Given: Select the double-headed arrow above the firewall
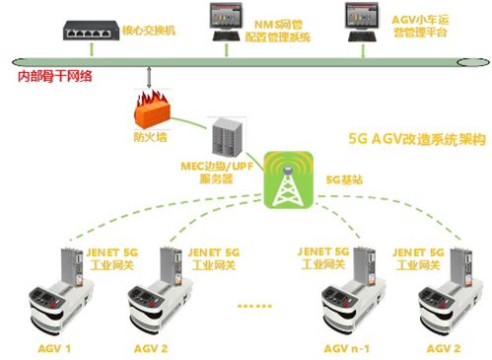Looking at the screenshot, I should (x=148, y=77).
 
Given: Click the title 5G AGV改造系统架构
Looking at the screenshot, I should (x=418, y=140).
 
